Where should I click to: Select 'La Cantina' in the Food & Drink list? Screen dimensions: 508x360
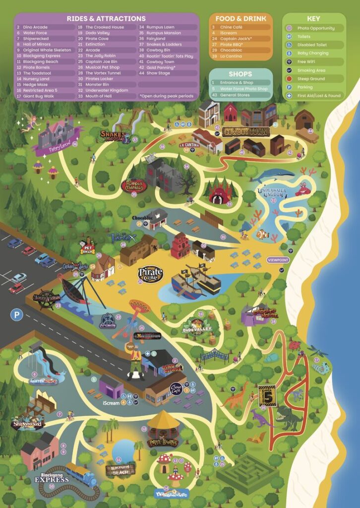click(231, 57)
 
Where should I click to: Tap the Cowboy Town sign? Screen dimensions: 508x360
click(245, 131)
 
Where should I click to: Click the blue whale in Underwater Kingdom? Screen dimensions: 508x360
click(273, 175)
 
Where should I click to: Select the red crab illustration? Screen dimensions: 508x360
click(302, 189)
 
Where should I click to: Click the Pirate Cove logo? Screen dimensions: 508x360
click(150, 274)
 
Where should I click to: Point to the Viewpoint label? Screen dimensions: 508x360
click(278, 260)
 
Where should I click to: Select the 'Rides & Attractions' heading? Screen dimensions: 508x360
click(106, 18)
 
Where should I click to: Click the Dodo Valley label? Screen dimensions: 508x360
click(197, 328)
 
